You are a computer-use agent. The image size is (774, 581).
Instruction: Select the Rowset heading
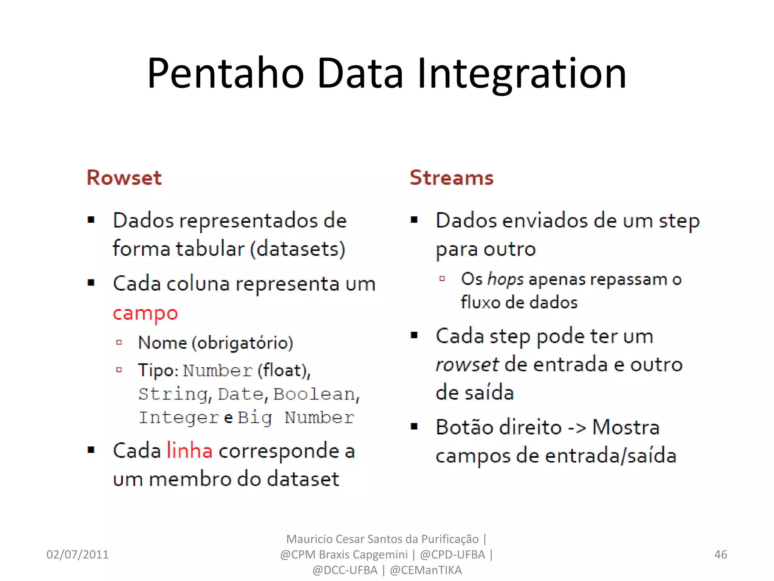(x=124, y=177)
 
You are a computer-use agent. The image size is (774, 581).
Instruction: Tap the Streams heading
(x=452, y=177)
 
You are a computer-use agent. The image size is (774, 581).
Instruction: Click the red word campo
(x=145, y=314)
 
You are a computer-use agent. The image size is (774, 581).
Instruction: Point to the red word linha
(x=189, y=451)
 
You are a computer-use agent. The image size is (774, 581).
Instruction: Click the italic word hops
(x=506, y=279)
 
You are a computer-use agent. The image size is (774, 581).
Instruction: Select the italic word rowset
(x=467, y=364)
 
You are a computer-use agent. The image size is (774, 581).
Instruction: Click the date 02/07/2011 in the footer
(x=77, y=555)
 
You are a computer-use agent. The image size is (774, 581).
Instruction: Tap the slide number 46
(x=720, y=555)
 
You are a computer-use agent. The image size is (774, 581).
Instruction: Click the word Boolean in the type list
(x=314, y=394)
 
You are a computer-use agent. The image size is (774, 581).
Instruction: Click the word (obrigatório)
(x=242, y=343)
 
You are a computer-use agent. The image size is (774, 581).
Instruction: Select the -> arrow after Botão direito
(x=577, y=427)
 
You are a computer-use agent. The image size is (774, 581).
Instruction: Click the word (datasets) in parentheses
(x=298, y=249)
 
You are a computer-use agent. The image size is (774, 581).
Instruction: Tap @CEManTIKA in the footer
(x=426, y=570)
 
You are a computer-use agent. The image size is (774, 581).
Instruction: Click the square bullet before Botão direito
(x=414, y=427)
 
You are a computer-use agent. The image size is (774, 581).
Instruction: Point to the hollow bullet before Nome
(x=119, y=343)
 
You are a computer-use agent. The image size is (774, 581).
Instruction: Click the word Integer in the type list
(x=179, y=418)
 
